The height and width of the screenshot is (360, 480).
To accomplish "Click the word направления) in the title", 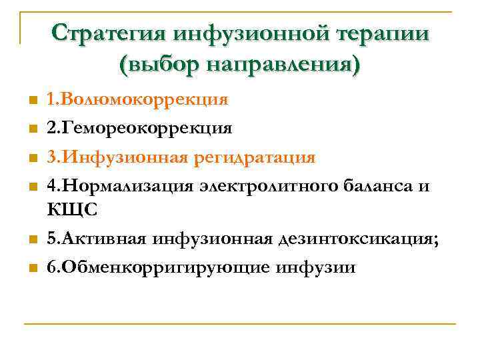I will [x=284, y=64].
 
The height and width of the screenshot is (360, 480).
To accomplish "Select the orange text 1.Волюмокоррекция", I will [x=137, y=100].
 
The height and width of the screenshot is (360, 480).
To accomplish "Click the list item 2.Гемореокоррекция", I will [x=139, y=127].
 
